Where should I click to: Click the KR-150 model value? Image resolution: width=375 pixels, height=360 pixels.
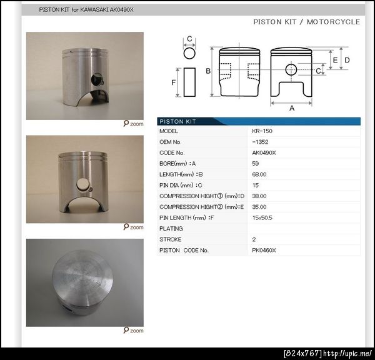262,131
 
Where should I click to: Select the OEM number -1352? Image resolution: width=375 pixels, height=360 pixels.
260,142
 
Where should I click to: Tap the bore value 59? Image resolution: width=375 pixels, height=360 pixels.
256,164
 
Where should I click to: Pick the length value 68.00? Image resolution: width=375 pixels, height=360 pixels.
259,174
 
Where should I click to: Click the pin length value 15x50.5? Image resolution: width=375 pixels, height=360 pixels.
262,217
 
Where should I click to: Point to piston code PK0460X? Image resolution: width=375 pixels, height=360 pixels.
264,250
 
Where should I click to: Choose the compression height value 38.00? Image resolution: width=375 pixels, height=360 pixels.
259,196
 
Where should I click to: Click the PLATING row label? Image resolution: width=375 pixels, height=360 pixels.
171,229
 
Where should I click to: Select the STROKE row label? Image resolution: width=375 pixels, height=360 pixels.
170,239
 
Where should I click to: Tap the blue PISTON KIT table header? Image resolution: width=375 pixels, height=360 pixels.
259,121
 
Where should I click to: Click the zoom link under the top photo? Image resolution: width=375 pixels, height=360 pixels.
134,124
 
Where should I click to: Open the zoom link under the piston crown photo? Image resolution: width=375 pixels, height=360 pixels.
134,331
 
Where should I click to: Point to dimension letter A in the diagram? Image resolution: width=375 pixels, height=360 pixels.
292,108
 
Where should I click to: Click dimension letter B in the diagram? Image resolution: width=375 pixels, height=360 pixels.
208,71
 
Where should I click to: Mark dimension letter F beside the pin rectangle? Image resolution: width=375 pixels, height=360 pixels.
173,82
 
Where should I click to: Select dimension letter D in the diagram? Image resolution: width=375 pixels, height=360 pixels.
347,60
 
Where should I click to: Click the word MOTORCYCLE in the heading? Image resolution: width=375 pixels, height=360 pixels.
333,22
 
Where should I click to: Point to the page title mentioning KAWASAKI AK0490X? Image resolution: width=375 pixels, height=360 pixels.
86,10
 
